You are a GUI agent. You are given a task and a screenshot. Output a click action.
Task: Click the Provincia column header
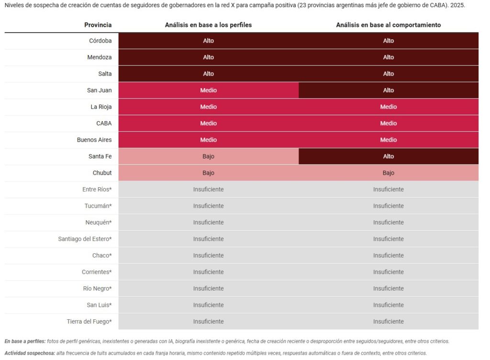pyautogui.click(x=98, y=25)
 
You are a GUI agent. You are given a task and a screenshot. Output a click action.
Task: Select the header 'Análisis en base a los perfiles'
pyautogui.click(x=208, y=25)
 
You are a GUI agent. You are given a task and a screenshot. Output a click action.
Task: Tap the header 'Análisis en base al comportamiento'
pyautogui.click(x=388, y=25)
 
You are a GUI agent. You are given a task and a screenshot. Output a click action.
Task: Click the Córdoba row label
pyautogui.click(x=100, y=41)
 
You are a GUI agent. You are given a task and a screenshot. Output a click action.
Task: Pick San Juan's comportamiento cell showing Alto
pyautogui.click(x=388, y=90)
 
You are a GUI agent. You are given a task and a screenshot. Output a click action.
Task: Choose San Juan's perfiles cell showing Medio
pyautogui.click(x=208, y=90)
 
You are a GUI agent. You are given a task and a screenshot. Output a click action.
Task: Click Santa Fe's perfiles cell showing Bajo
pyautogui.click(x=208, y=157)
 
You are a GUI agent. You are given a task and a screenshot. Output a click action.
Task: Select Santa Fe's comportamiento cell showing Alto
pyautogui.click(x=388, y=157)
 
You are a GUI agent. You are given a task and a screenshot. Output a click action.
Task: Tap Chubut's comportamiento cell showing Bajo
pyautogui.click(x=388, y=173)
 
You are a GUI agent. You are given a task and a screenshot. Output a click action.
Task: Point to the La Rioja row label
pyautogui.click(x=101, y=107)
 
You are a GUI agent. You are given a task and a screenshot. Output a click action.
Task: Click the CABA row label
pyautogui.click(x=104, y=124)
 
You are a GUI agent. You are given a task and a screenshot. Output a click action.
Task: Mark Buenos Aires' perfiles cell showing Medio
pyautogui.click(x=208, y=140)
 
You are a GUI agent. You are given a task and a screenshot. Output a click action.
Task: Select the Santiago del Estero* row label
pyautogui.click(x=85, y=239)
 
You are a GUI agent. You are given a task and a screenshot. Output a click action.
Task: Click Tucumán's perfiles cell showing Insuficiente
pyautogui.click(x=208, y=206)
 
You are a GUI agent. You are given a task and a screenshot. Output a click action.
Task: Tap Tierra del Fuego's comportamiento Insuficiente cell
pyautogui.click(x=388, y=322)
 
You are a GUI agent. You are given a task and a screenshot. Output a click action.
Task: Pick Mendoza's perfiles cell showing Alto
pyautogui.click(x=208, y=57)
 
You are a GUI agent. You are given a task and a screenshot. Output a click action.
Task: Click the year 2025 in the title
pyautogui.click(x=457, y=6)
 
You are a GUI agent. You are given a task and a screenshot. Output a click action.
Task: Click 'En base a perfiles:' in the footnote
pyautogui.click(x=25, y=341)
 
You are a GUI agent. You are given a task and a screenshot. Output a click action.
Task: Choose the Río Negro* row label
pyautogui.click(x=97, y=289)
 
